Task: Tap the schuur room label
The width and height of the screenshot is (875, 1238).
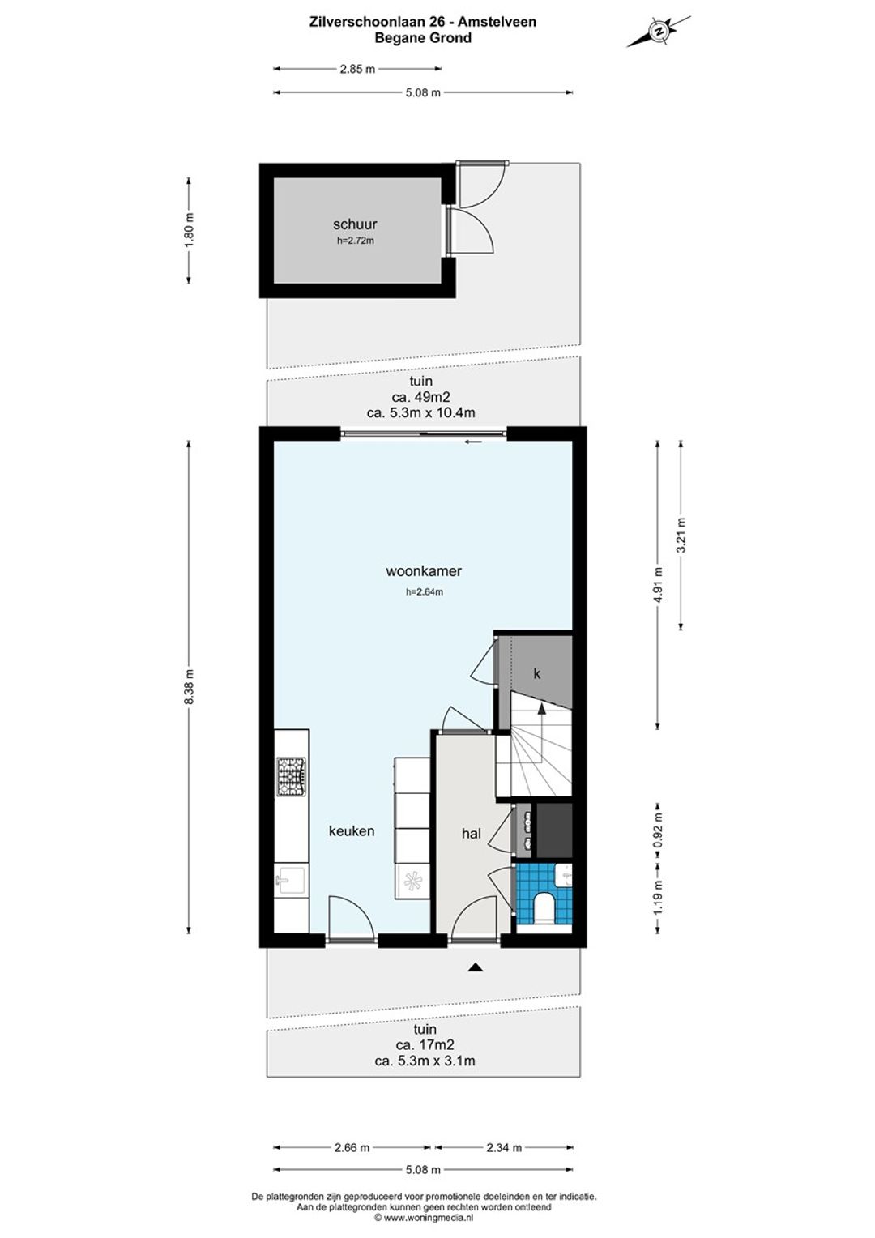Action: click(355, 224)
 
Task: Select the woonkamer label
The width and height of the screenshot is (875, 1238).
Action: click(424, 571)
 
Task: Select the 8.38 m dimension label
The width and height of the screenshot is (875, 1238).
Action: click(189, 687)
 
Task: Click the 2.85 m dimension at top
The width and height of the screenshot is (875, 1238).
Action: click(357, 69)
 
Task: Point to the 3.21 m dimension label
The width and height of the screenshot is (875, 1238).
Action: click(681, 535)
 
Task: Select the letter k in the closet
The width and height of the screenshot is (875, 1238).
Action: click(536, 674)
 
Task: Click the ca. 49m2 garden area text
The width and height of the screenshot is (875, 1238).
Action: click(420, 397)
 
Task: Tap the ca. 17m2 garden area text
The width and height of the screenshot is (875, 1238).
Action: click(425, 1044)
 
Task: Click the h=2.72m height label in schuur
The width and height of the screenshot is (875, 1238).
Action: click(356, 241)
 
